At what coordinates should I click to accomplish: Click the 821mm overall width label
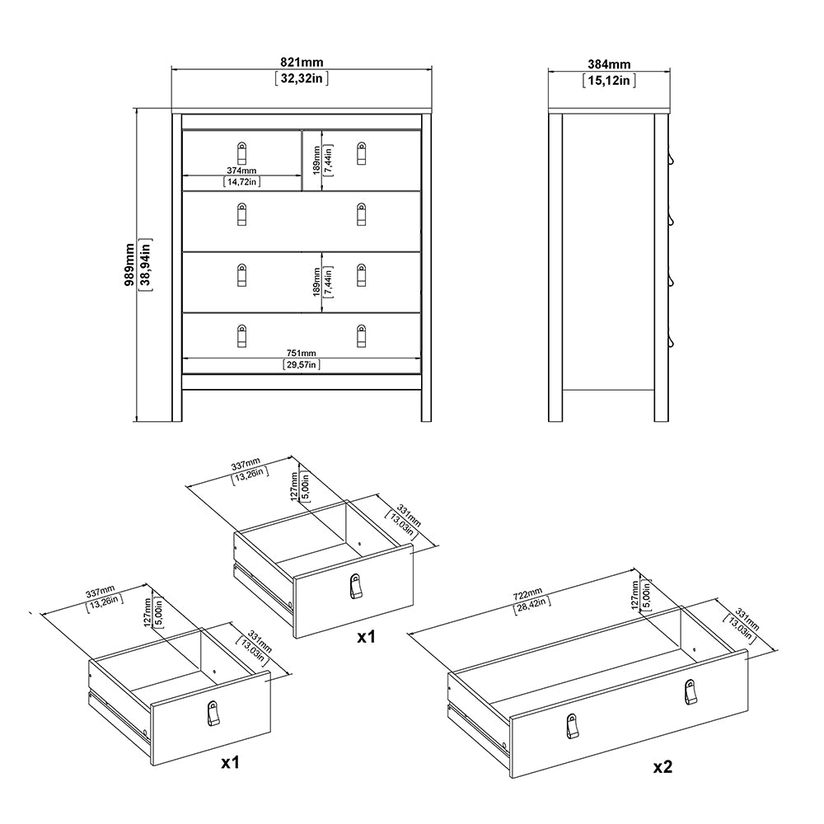[302, 63]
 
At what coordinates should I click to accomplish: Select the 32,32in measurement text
[302, 79]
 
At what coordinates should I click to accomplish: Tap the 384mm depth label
[611, 63]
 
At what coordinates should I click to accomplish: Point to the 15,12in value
[611, 79]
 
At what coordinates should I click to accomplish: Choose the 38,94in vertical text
[145, 264]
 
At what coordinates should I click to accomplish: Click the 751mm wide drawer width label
[302, 353]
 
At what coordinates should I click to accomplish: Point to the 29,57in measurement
[302, 364]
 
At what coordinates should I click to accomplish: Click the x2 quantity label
[662, 767]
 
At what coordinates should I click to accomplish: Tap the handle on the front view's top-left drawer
[241, 153]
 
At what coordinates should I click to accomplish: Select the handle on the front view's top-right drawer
[361, 152]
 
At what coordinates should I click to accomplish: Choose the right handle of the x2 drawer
[689, 692]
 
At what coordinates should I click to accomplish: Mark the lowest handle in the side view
[672, 340]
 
